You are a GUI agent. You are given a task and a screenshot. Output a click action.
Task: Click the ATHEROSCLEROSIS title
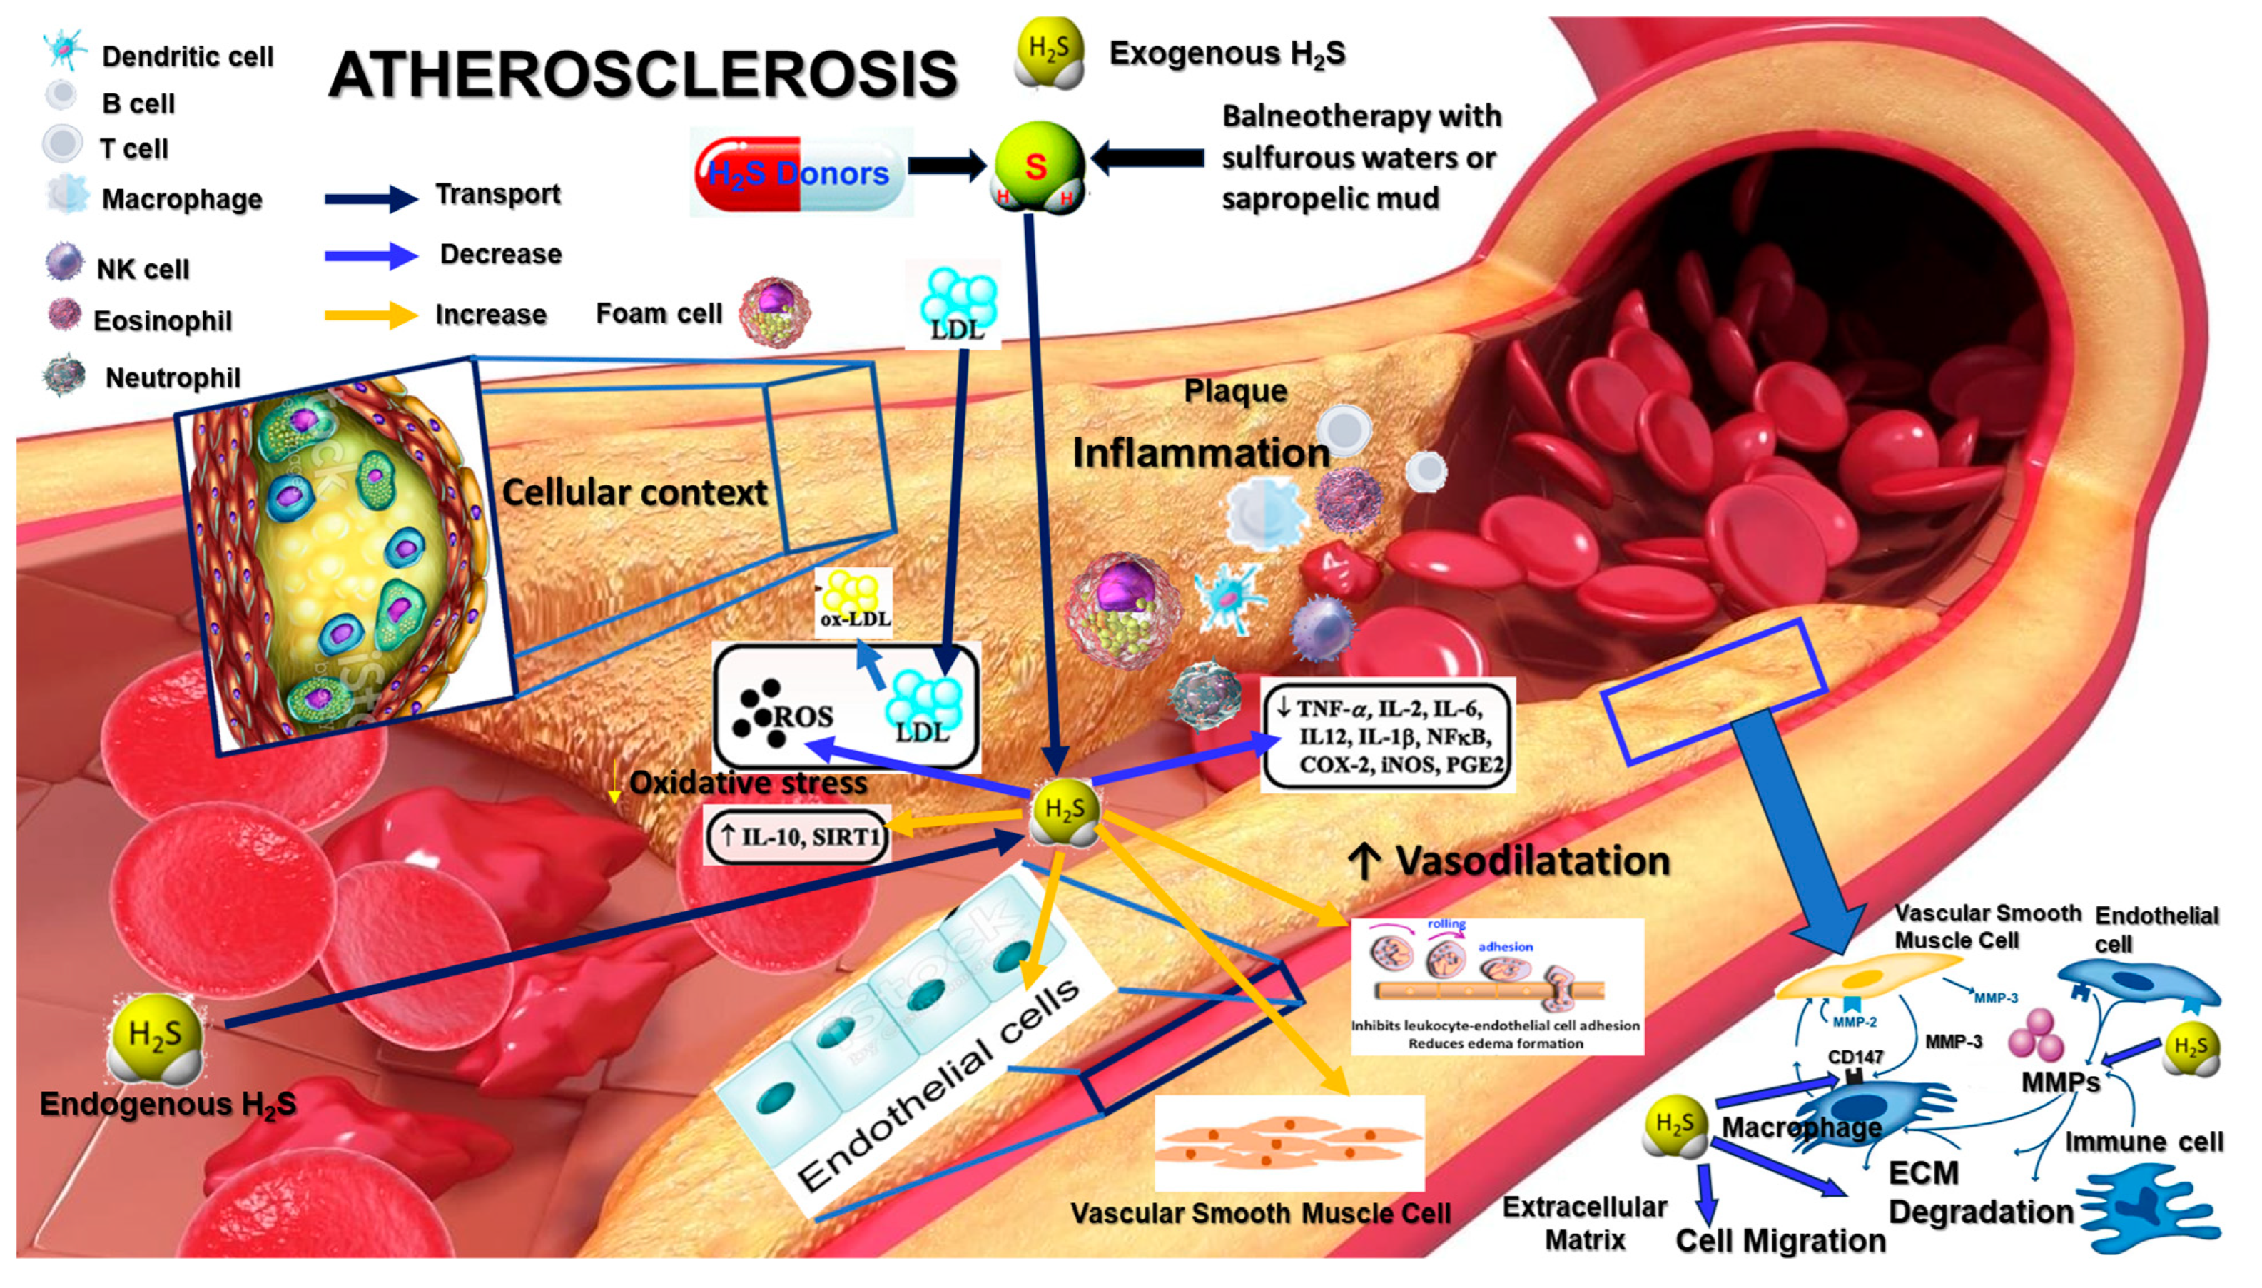[x=643, y=73]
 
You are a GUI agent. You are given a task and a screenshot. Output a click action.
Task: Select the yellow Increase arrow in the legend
[x=370, y=315]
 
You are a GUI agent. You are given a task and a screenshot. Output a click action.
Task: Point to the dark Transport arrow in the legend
[x=370, y=198]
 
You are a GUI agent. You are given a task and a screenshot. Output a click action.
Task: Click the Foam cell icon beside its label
[x=774, y=313]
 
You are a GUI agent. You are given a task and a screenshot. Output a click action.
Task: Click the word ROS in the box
[x=803, y=716]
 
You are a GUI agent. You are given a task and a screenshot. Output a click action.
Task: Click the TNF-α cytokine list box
[x=1388, y=735]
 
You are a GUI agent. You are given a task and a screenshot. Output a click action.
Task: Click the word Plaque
[x=1235, y=391]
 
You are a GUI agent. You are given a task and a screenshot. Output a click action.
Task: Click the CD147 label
[x=1855, y=1056]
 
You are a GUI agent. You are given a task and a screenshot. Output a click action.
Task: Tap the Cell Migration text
[x=1780, y=1240]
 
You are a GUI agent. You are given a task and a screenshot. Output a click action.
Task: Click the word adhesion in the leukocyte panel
[x=1505, y=946]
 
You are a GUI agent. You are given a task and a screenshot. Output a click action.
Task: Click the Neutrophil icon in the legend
[x=64, y=375]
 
